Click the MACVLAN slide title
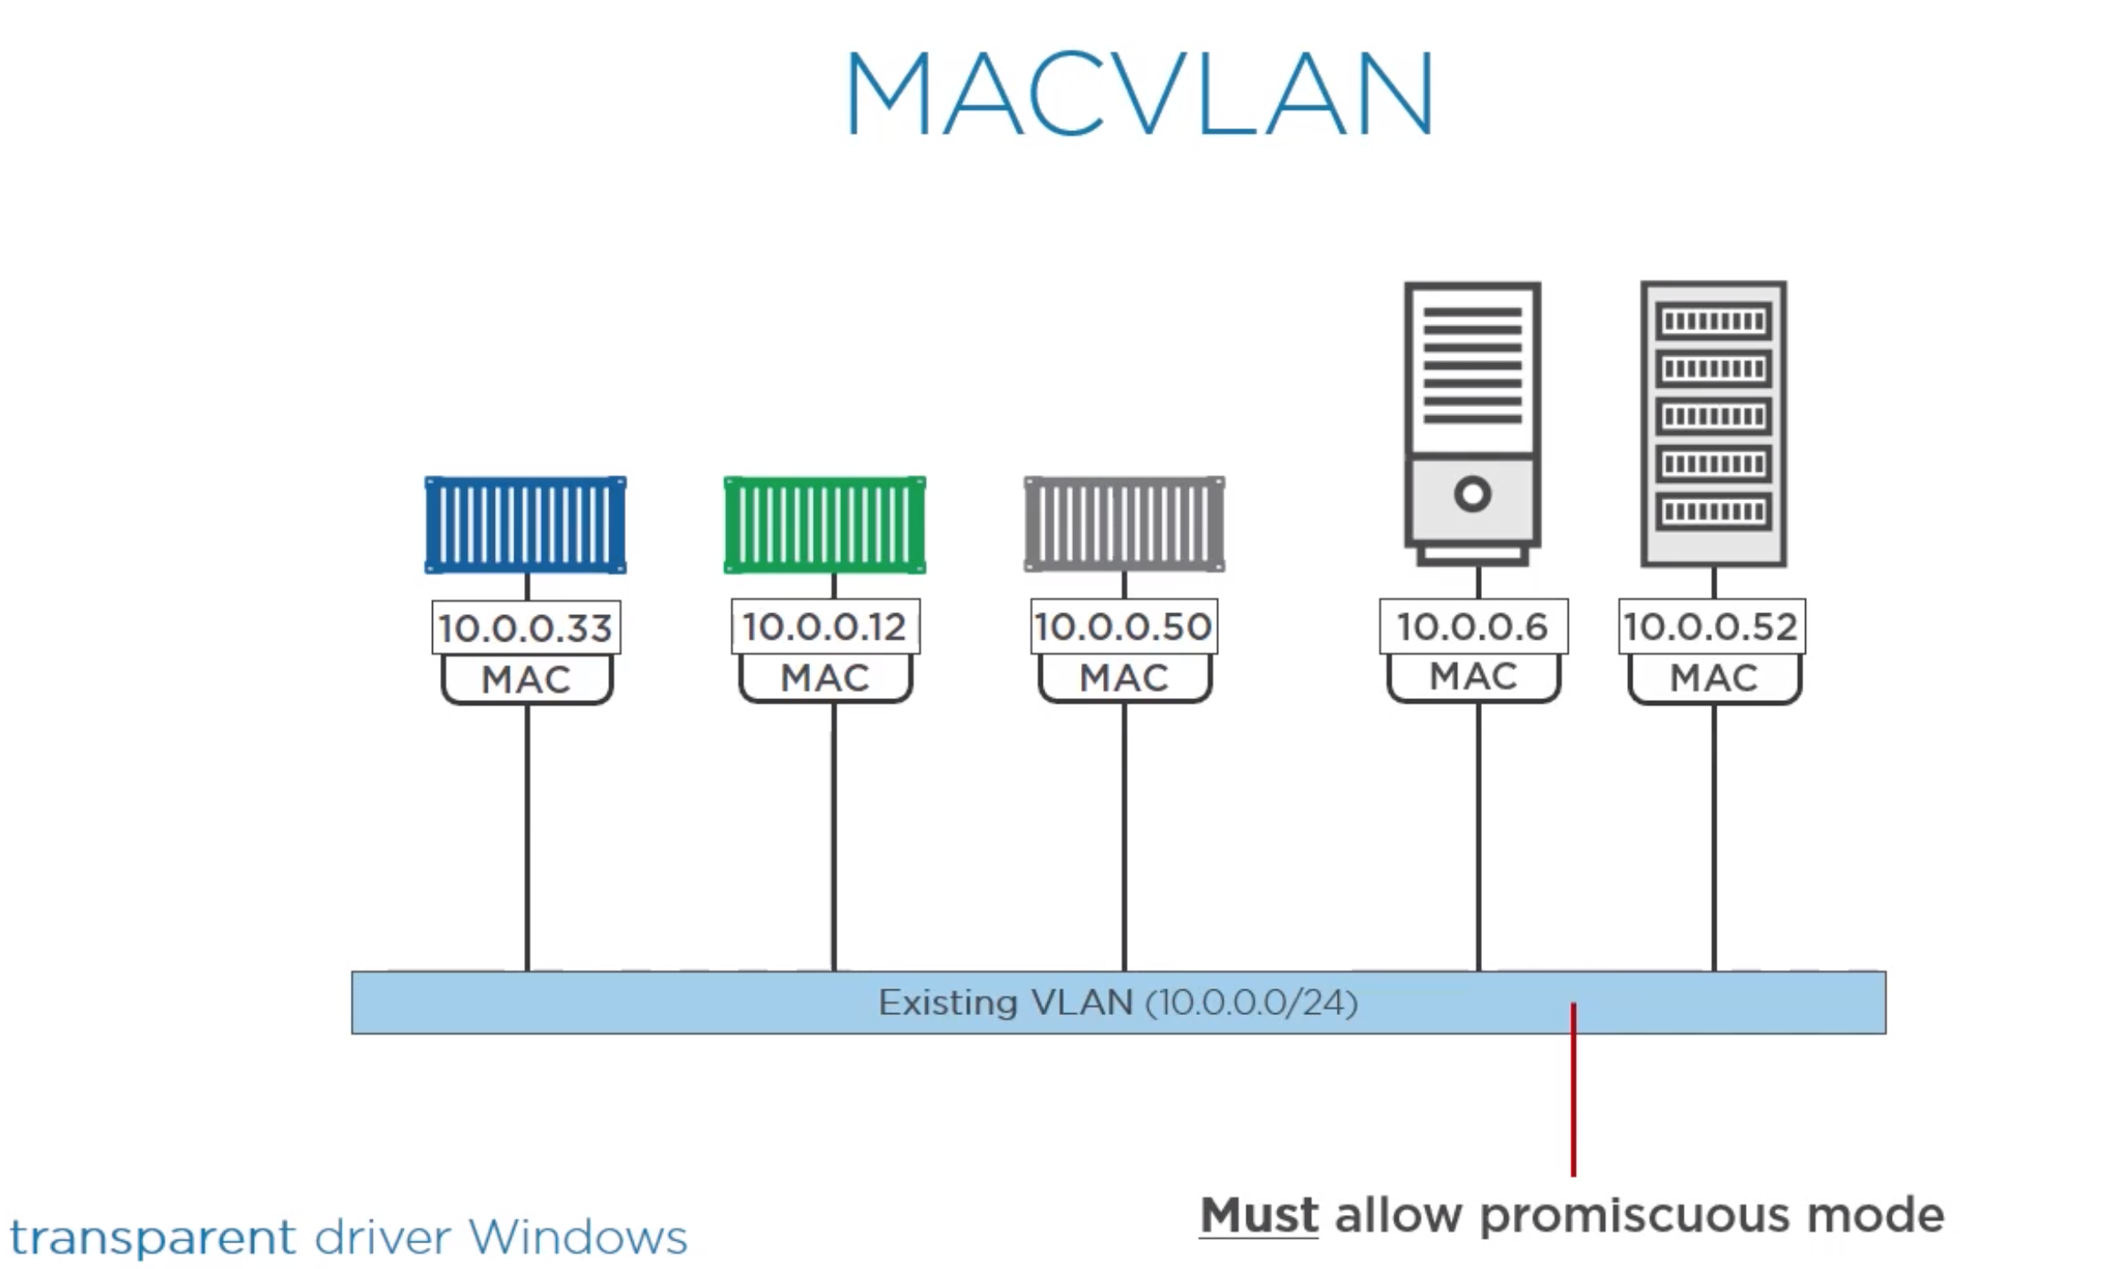1139,93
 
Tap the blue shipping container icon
526,525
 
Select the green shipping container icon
825,525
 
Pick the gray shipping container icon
1124,525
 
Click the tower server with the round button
1472,424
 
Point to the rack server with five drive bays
1713,424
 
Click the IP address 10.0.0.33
526,628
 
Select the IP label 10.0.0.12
825,627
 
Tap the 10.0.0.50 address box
1123,627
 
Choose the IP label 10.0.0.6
1473,627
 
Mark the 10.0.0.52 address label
1711,627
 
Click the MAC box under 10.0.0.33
527,679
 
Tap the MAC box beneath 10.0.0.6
1474,677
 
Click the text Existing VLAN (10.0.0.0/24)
1118,1003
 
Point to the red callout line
1573,1089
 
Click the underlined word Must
1259,1215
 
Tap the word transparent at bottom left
152,1236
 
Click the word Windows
578,1236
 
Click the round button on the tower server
1472,494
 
